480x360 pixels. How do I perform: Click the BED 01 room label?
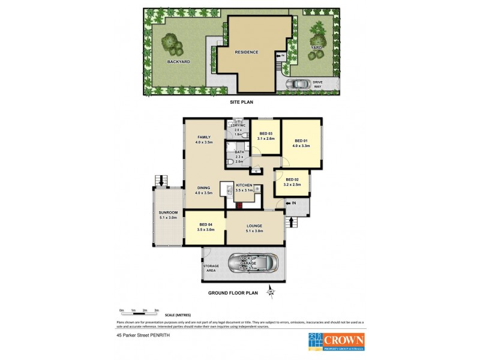click(302, 140)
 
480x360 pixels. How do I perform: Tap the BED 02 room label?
click(292, 180)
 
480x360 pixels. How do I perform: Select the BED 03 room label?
click(266, 133)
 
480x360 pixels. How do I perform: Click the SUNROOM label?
click(168, 212)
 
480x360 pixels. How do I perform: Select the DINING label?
click(204, 187)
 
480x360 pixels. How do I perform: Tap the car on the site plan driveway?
click(298, 84)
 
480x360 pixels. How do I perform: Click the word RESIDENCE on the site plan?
click(247, 52)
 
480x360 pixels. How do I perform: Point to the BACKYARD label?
click(179, 61)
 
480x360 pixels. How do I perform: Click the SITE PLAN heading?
click(242, 102)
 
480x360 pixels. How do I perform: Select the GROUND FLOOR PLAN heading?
click(233, 293)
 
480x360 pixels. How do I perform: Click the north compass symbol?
click(271, 292)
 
